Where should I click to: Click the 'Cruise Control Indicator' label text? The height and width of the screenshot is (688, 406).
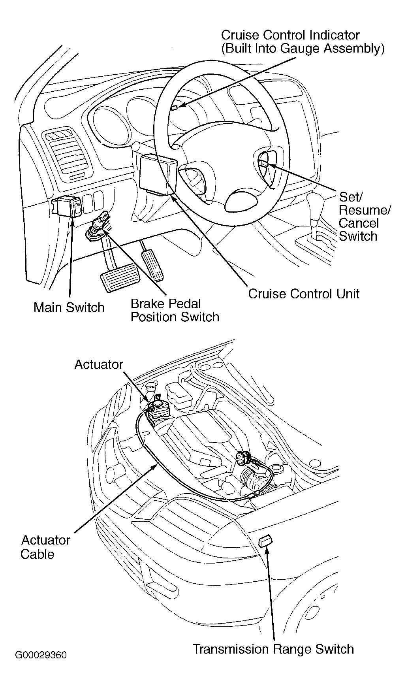tap(290, 35)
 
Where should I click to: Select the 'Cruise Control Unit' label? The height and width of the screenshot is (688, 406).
tap(304, 294)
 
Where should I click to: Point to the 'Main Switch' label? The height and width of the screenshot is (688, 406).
tap(69, 307)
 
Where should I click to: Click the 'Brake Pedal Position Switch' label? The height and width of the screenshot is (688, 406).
tap(175, 310)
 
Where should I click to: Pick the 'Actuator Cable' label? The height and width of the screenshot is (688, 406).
tap(45, 547)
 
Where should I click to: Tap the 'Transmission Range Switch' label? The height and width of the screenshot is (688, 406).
tap(273, 649)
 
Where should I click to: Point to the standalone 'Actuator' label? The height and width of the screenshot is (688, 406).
tap(99, 364)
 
